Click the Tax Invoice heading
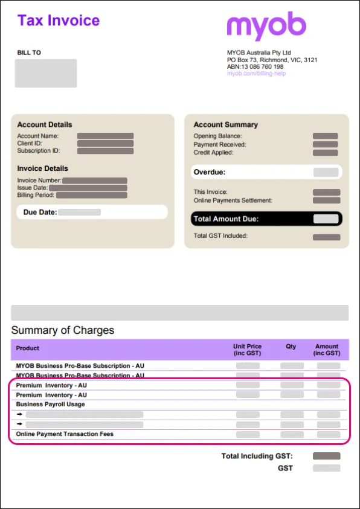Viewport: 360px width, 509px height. pyautogui.click(x=58, y=21)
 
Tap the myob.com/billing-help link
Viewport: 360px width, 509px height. pyautogui.click(x=256, y=74)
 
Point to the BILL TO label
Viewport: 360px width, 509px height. pyautogui.click(x=29, y=53)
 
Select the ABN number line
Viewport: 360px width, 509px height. pyautogui.click(x=255, y=67)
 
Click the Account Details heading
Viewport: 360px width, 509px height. pyautogui.click(x=44, y=125)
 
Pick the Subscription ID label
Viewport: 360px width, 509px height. pyautogui.click(x=38, y=151)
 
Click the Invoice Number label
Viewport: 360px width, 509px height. pyautogui.click(x=39, y=181)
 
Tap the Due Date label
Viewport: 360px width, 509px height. pyautogui.click(x=40, y=213)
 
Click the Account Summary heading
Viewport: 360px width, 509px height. pyautogui.click(x=225, y=125)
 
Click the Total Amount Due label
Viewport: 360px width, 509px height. pyautogui.click(x=225, y=219)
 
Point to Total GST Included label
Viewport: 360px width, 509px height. pyautogui.click(x=220, y=236)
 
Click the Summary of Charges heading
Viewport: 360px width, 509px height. pyautogui.click(x=63, y=330)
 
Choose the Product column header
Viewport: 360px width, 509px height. pyautogui.click(x=28, y=348)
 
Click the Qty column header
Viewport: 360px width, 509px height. pyautogui.click(x=291, y=347)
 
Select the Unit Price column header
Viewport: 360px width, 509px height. pyautogui.click(x=247, y=350)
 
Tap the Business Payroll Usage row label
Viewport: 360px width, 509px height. pyautogui.click(x=50, y=405)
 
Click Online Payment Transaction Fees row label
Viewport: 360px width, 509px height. pyautogui.click(x=65, y=434)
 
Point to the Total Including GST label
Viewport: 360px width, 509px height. pyautogui.click(x=257, y=456)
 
